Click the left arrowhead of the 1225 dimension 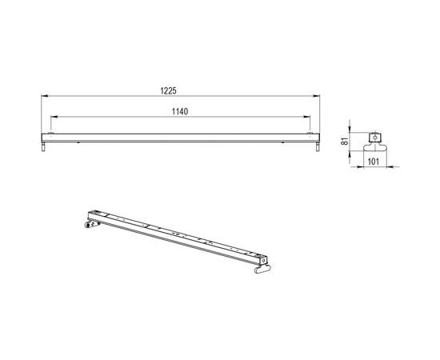tap(43, 98)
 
